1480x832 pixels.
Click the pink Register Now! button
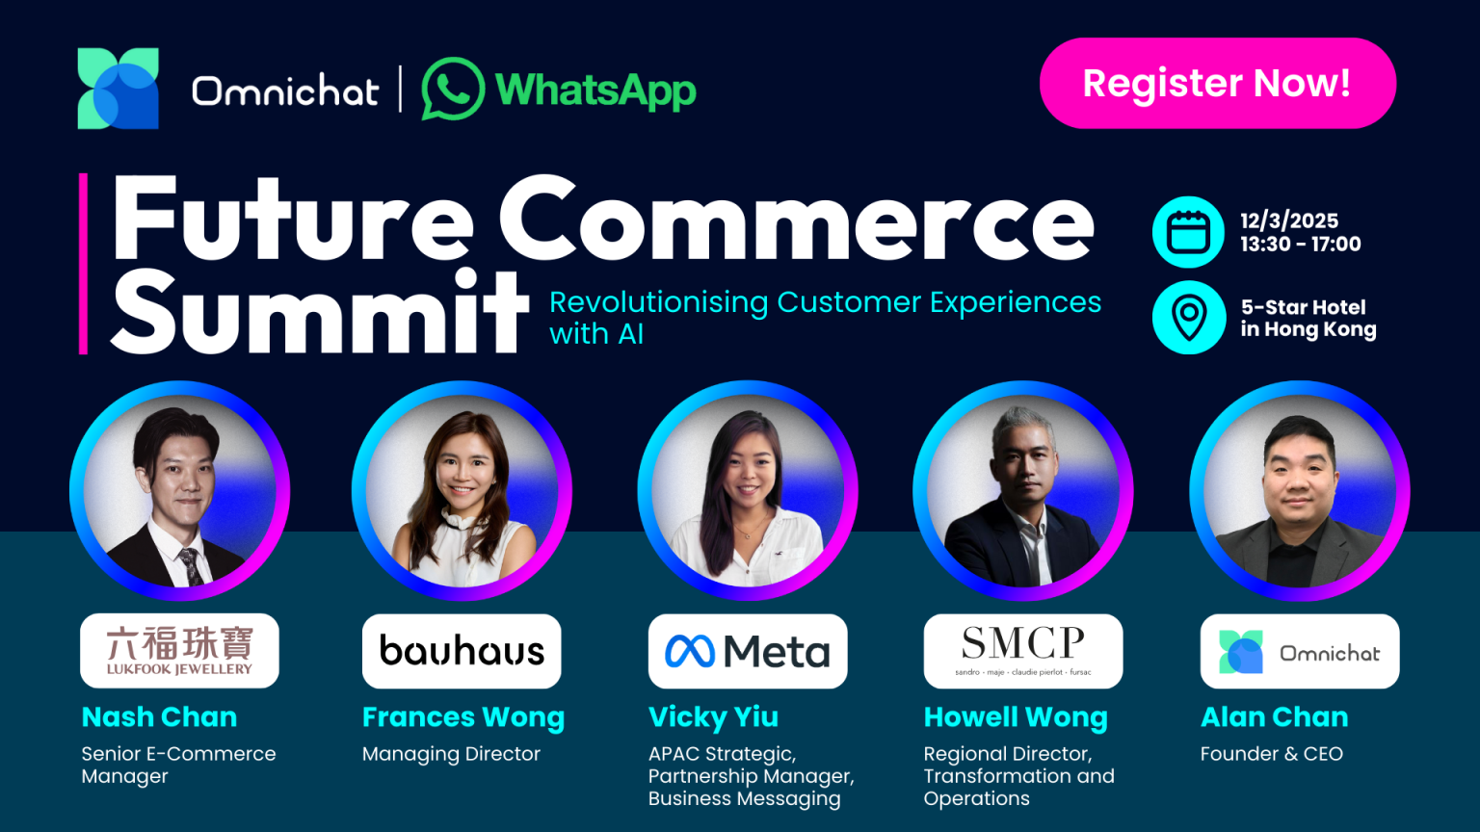(1218, 83)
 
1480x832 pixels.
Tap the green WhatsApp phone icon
(453, 89)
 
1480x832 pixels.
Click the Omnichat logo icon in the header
(119, 89)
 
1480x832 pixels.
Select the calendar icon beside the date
(1188, 232)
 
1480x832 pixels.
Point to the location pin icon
(1189, 318)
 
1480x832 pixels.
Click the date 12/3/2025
(1289, 221)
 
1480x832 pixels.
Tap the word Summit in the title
(321, 312)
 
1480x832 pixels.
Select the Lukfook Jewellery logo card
(179, 651)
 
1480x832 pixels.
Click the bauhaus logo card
(462, 651)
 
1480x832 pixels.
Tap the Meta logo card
(748, 651)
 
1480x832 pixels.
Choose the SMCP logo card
(1022, 651)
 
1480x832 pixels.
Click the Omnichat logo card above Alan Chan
(1300, 651)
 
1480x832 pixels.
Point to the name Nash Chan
(159, 717)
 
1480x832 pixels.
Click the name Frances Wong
(463, 718)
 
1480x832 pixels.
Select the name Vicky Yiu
(714, 718)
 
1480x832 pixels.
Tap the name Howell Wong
(1016, 718)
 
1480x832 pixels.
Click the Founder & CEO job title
(1272, 753)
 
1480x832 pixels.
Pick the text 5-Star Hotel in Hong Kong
(1308, 319)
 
